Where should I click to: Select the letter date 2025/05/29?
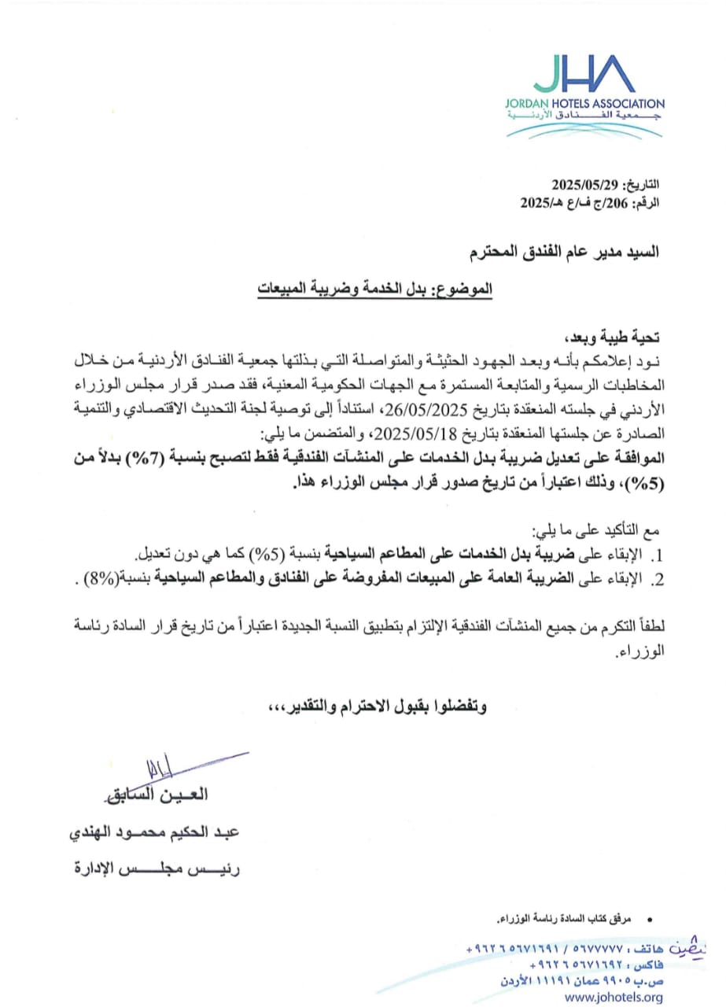pyautogui.click(x=586, y=186)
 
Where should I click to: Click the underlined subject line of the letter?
pyautogui.click(x=374, y=289)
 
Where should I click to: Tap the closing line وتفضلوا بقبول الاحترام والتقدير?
pyautogui.click(x=387, y=706)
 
